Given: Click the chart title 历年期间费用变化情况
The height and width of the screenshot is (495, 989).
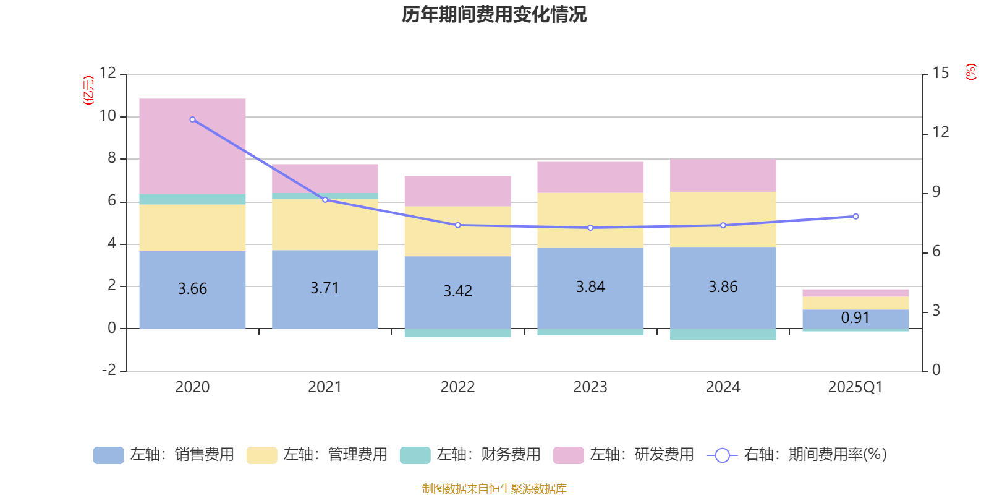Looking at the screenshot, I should pos(494,14).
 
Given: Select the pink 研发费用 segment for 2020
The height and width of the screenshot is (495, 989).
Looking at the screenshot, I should pos(192,146).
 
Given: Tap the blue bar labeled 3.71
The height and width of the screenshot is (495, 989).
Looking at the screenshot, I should pos(325,289).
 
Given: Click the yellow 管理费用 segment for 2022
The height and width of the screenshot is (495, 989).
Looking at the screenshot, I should pos(457,231).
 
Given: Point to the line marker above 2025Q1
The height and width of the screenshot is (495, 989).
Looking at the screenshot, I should pos(855,217).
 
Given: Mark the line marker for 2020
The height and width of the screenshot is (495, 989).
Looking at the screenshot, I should pos(192,119).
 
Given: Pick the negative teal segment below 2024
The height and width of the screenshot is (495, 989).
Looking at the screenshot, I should pos(723,335).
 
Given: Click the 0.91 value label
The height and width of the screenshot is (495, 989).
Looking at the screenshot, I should pos(855,318).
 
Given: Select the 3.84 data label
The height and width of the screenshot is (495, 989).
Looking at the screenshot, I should pos(590,287).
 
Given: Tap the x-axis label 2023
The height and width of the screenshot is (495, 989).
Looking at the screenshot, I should pos(590,387).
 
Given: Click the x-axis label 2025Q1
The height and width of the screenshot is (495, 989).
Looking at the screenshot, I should pos(855,387).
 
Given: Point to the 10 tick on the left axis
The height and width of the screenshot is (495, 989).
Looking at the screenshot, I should pos(108,116).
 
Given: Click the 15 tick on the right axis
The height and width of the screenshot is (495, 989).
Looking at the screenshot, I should pos(940,74).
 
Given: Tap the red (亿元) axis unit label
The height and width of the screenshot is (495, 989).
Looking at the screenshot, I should pos(89,90).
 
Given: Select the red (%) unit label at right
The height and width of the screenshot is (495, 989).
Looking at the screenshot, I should pos(971,72).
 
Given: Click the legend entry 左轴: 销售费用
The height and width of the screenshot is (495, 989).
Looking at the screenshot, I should pos(164,455).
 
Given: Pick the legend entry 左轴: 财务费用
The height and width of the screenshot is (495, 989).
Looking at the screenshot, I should pos(470,455).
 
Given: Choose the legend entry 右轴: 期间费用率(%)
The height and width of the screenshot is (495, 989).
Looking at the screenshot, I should pos(797,455).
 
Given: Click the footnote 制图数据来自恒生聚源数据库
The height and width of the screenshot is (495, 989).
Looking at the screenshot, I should pos(494,489).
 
